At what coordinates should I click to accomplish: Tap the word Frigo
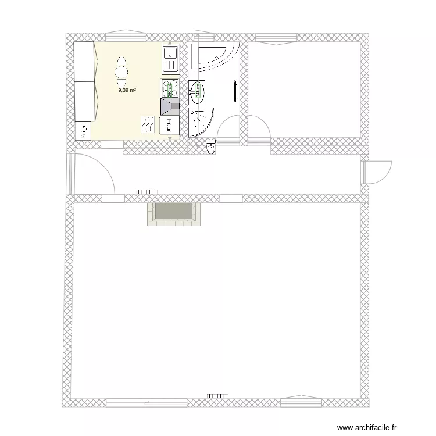[83, 131]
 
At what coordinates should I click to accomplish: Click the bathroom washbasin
[198, 92]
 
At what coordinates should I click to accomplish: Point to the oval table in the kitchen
[121, 68]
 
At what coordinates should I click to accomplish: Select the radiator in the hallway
[147, 191]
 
